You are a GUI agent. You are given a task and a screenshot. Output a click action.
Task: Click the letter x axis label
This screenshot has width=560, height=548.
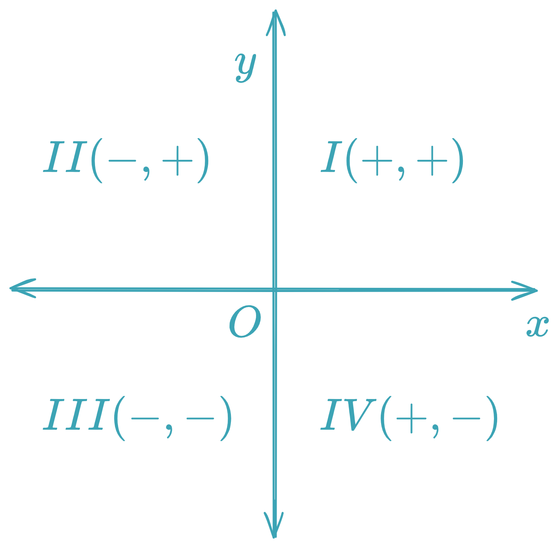(537, 326)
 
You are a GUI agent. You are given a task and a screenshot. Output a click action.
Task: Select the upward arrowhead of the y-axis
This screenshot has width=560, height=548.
(276, 21)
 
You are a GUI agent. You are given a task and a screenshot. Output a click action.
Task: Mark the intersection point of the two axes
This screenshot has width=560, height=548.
(275, 290)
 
